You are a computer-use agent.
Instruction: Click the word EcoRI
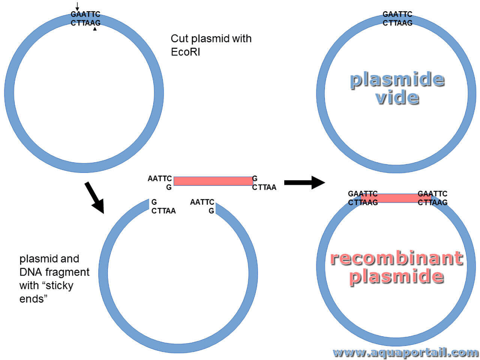pyautogui.click(x=185, y=52)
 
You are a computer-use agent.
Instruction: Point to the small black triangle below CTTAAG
pyautogui.click(x=95, y=28)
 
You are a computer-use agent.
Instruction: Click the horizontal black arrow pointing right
pyautogui.click(x=304, y=182)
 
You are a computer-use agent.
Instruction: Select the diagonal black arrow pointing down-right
pyautogui.click(x=94, y=197)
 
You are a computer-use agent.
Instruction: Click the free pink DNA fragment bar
pyautogui.click(x=213, y=181)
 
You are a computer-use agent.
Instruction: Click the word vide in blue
pyautogui.click(x=397, y=98)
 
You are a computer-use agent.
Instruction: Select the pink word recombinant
pyautogui.click(x=396, y=258)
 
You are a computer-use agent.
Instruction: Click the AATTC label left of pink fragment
pyautogui.click(x=160, y=178)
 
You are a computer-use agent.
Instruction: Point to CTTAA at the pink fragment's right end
pyautogui.click(x=264, y=187)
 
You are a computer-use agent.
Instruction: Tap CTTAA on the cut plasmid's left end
pyautogui.click(x=163, y=211)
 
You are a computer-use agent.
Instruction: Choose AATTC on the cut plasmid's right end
pyautogui.click(x=202, y=202)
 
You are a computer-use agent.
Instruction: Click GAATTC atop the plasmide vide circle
pyautogui.click(x=397, y=14)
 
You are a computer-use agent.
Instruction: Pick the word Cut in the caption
pyautogui.click(x=179, y=39)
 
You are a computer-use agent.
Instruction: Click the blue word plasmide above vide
pyautogui.click(x=397, y=79)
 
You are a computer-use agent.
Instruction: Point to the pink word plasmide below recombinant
pyautogui.click(x=396, y=276)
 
